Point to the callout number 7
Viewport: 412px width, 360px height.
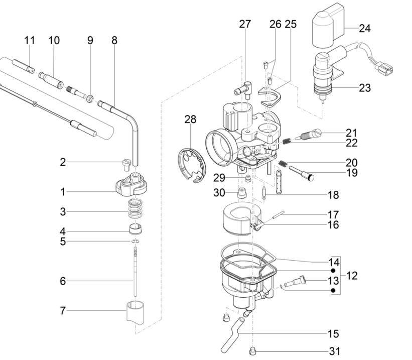click(x=63, y=311)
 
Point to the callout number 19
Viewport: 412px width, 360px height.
click(x=351, y=173)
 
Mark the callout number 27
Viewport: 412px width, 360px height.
click(x=244, y=24)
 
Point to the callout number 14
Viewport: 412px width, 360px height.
click(x=334, y=262)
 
